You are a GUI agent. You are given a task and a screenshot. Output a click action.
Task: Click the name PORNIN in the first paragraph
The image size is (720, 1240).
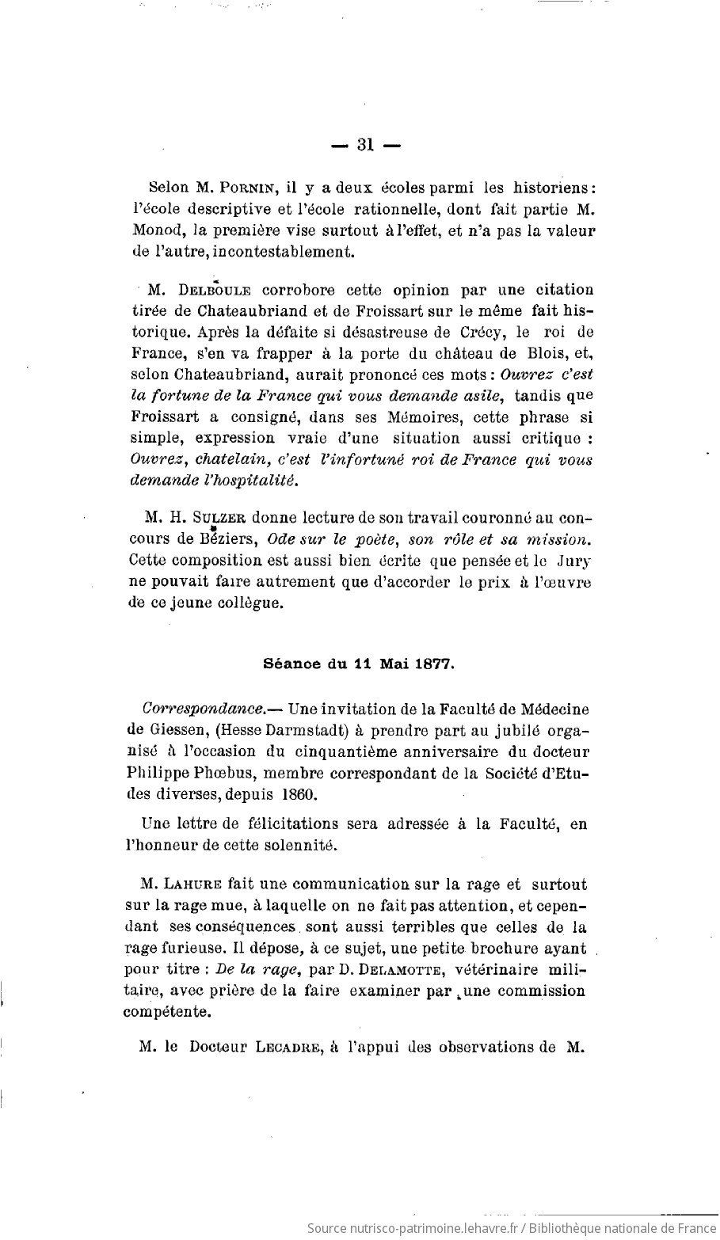(245, 189)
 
